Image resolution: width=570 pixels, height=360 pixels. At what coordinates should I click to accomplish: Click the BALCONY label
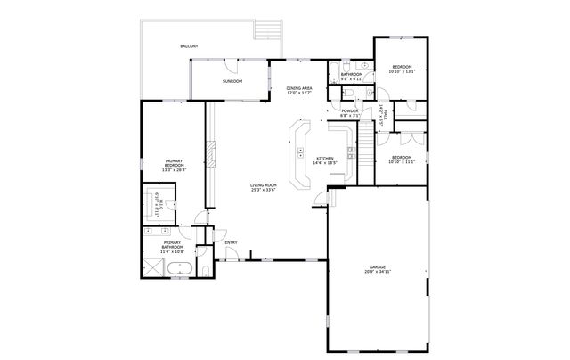(x=189, y=45)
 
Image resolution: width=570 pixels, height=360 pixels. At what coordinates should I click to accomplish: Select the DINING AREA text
(x=299, y=88)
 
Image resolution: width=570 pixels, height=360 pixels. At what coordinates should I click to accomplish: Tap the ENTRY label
(x=231, y=242)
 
